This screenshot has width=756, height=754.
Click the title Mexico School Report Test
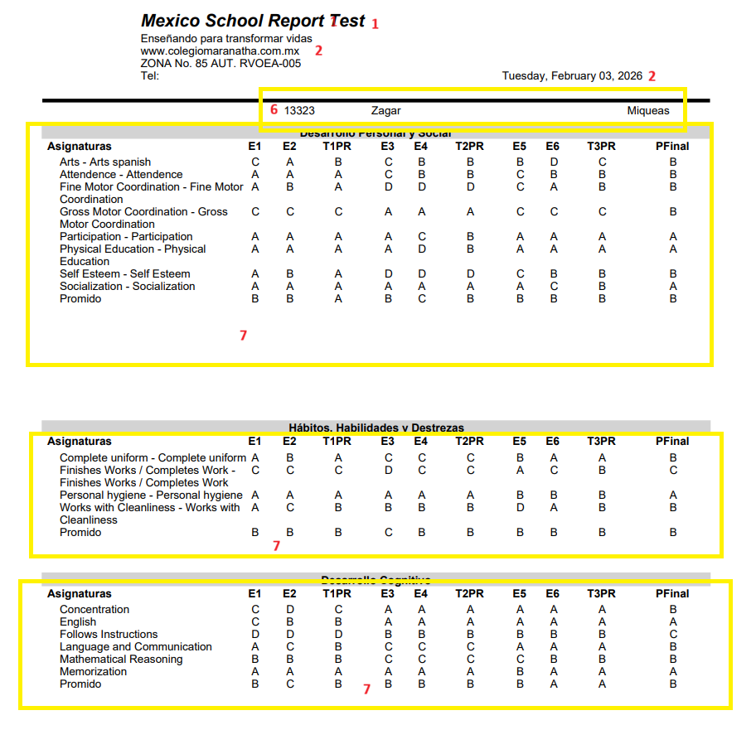click(253, 21)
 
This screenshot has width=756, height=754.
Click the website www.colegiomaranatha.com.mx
click(220, 51)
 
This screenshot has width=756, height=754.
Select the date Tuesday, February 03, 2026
click(572, 75)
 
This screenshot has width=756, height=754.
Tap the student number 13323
click(299, 110)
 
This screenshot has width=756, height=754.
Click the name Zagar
click(385, 110)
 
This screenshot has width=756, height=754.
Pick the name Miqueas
click(647, 110)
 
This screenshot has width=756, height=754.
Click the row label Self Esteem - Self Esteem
click(124, 273)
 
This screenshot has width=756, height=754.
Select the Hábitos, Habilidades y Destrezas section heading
click(376, 428)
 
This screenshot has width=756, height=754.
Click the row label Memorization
click(93, 671)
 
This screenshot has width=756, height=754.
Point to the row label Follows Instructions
click(109, 634)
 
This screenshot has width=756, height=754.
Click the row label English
click(78, 621)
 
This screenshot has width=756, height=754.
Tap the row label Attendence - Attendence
click(121, 174)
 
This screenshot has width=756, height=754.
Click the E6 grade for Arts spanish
click(554, 162)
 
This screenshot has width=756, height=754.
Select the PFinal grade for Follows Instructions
click(673, 634)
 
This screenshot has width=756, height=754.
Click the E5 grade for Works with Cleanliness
click(520, 507)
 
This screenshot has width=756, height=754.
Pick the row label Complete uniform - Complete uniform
click(153, 457)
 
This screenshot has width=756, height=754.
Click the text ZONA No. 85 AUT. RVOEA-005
click(220, 63)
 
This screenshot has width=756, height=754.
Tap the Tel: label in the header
click(150, 75)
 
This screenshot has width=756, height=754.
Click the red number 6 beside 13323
click(274, 109)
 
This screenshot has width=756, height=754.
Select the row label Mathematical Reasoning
click(121, 659)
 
